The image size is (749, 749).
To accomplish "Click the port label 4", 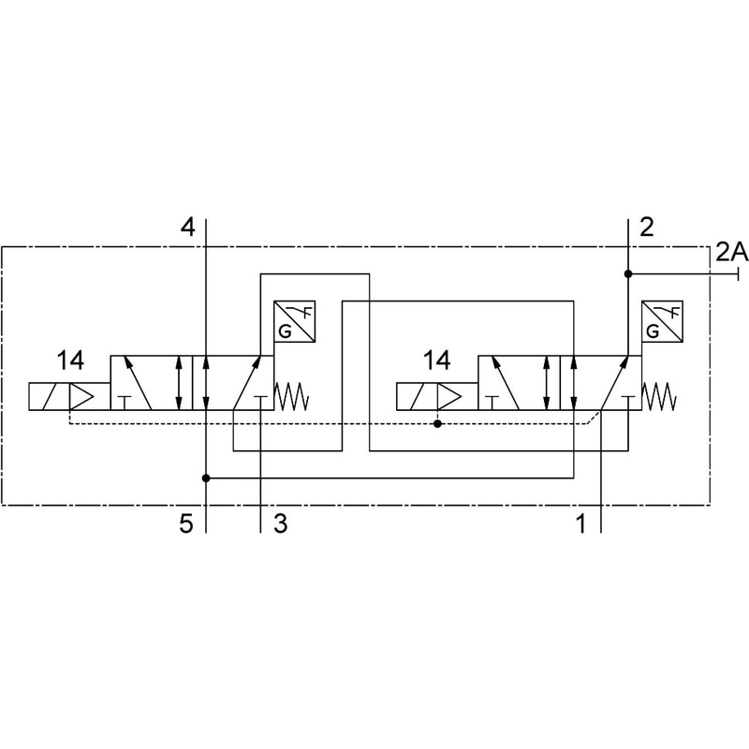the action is (188, 227).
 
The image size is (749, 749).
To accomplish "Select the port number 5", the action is (186, 523).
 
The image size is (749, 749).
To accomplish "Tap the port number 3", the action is (281, 523).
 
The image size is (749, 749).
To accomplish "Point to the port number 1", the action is (580, 523).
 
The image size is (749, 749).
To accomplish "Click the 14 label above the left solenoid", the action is (70, 360).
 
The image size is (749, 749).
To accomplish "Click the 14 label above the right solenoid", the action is (436, 360).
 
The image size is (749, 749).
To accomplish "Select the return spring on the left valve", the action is (291, 396).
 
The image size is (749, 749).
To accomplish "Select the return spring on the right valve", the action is (659, 396).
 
